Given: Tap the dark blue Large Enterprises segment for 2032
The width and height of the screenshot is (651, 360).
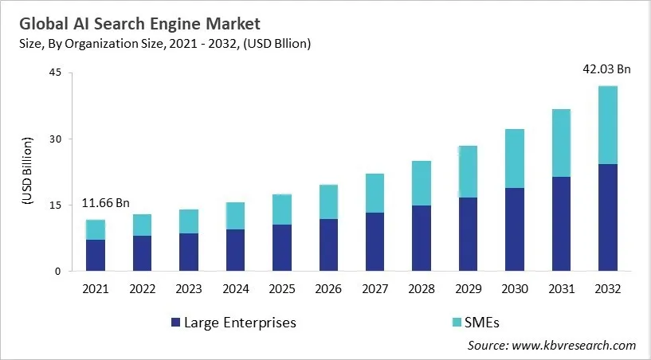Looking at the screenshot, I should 608,217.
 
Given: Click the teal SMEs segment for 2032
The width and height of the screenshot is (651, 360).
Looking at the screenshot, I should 608,125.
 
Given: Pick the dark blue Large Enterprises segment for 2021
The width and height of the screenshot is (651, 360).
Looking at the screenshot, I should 96,255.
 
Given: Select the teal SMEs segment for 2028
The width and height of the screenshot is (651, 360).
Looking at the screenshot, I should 422,183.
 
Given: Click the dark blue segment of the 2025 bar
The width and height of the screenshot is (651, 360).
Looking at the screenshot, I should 282,248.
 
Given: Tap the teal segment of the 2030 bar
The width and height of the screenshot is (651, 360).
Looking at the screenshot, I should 515,158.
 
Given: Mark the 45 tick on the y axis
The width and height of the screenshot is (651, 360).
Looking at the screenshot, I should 55,73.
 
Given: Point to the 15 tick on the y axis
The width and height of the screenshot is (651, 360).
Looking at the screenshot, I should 55,205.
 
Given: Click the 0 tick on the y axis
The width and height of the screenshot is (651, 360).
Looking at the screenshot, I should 58,272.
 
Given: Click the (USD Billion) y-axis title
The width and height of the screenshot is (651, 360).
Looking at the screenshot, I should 25,172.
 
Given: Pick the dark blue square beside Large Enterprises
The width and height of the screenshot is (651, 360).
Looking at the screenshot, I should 175,323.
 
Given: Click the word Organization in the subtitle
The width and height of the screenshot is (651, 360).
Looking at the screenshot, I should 114,44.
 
